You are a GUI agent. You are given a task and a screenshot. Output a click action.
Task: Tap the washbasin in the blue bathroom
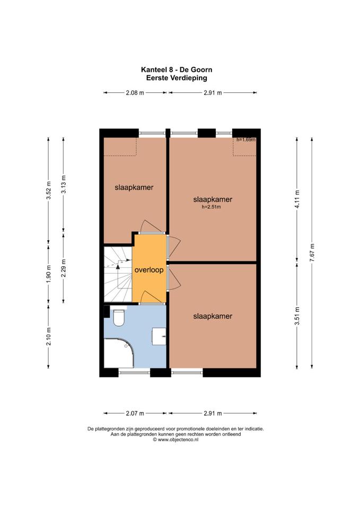pyautogui.click(x=159, y=336)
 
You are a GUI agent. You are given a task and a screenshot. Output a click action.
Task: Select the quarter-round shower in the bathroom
pyautogui.click(x=119, y=353)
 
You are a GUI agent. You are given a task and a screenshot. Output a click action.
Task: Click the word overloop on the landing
pyautogui.click(x=149, y=270)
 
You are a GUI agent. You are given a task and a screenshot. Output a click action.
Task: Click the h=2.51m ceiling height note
pyautogui.click(x=211, y=207)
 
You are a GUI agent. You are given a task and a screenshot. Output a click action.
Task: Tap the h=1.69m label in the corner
pyautogui.click(x=246, y=140)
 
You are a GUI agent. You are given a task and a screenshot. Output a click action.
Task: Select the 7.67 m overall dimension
pyautogui.click(x=312, y=252)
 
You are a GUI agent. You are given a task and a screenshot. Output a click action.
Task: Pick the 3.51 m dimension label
pyautogui.click(x=297, y=315)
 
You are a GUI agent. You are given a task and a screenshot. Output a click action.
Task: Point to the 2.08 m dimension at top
pyautogui.click(x=135, y=93)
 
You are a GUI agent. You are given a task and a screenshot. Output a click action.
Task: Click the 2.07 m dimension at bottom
pyautogui.click(x=135, y=414)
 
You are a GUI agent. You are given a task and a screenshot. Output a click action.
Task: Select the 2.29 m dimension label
pyautogui.click(x=64, y=268)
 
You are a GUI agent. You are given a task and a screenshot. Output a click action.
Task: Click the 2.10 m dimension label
pyautogui.click(x=49, y=336)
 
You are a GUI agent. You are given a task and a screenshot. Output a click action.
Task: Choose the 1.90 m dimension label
pyautogui.click(x=49, y=274)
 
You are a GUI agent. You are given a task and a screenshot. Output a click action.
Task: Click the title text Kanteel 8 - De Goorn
pyautogui.click(x=177, y=69)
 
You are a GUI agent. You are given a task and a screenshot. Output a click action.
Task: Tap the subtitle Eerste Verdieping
pyautogui.click(x=177, y=78)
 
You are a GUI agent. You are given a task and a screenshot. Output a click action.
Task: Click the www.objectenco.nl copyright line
pyautogui.click(x=175, y=440)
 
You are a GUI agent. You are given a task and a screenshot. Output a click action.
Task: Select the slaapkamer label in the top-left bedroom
pyautogui.click(x=134, y=188)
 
